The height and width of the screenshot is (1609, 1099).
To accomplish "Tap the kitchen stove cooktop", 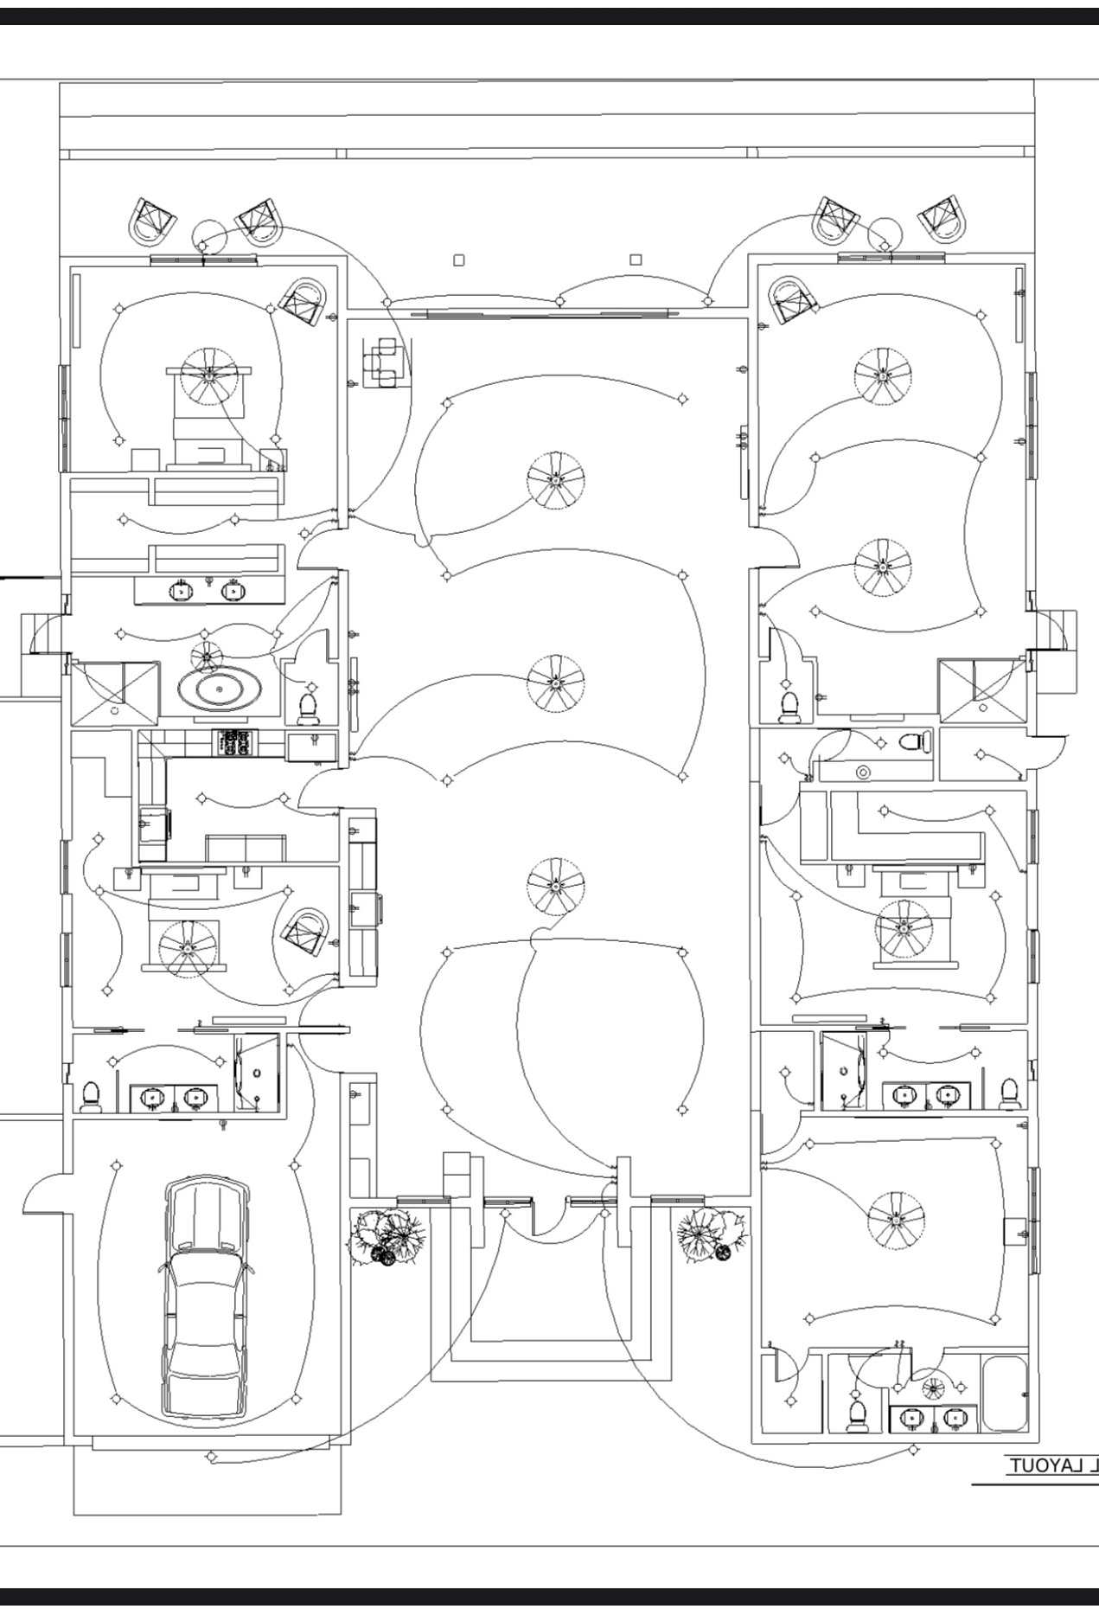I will pyautogui.click(x=236, y=741).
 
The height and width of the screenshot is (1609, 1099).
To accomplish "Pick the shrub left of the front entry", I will pyautogui.click(x=387, y=1235).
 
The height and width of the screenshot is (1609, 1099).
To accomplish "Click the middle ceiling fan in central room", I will pyautogui.click(x=555, y=683).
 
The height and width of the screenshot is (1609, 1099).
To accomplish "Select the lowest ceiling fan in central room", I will pyautogui.click(x=555, y=884).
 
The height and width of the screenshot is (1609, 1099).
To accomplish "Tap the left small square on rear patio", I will pyautogui.click(x=459, y=260).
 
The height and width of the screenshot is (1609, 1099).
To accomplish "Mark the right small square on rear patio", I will pyautogui.click(x=636, y=260).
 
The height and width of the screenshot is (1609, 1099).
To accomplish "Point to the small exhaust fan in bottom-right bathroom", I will pyautogui.click(x=934, y=1388).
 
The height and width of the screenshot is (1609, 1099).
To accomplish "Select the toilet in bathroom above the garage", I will pyautogui.click(x=89, y=1097).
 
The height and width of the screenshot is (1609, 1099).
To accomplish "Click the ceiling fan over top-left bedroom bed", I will pyautogui.click(x=208, y=375).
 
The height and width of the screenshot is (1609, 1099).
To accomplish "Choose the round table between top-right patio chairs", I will pyautogui.click(x=885, y=233).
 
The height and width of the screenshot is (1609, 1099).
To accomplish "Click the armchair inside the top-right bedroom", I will pyautogui.click(x=791, y=299).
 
